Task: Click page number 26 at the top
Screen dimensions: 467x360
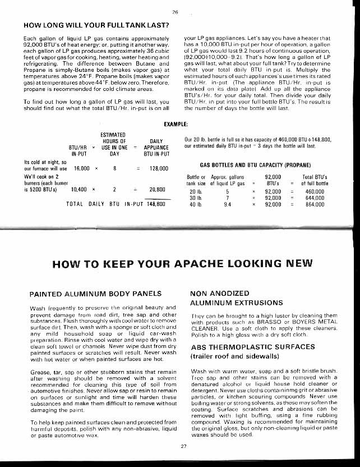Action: click(x=175, y=12)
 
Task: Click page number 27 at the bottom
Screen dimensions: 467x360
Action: click(x=183, y=446)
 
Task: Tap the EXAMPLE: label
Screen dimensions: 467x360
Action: click(x=176, y=124)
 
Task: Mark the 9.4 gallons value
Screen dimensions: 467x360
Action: click(x=227, y=205)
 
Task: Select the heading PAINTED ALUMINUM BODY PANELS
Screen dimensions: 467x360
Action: click(x=95, y=294)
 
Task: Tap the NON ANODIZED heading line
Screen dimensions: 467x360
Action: click(x=220, y=293)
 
